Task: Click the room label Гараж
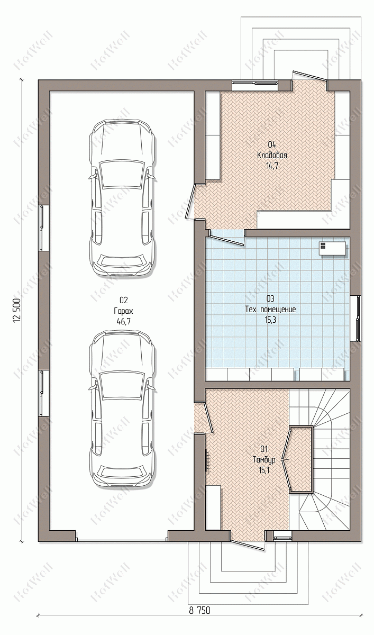pyautogui.click(x=123, y=311)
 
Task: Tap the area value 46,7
pyautogui.click(x=123, y=322)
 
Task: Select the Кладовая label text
pyautogui.click(x=272, y=156)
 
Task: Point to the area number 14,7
pyautogui.click(x=272, y=166)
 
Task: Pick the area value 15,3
pyautogui.click(x=270, y=320)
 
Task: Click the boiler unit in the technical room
pyautogui.click(x=332, y=249)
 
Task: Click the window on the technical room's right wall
pyautogui.click(x=356, y=319)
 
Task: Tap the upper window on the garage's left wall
pyautogui.click(x=43, y=228)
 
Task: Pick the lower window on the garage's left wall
pyautogui.click(x=43, y=393)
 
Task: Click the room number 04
pyautogui.click(x=272, y=145)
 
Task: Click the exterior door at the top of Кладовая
pyautogui.click(x=309, y=76)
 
